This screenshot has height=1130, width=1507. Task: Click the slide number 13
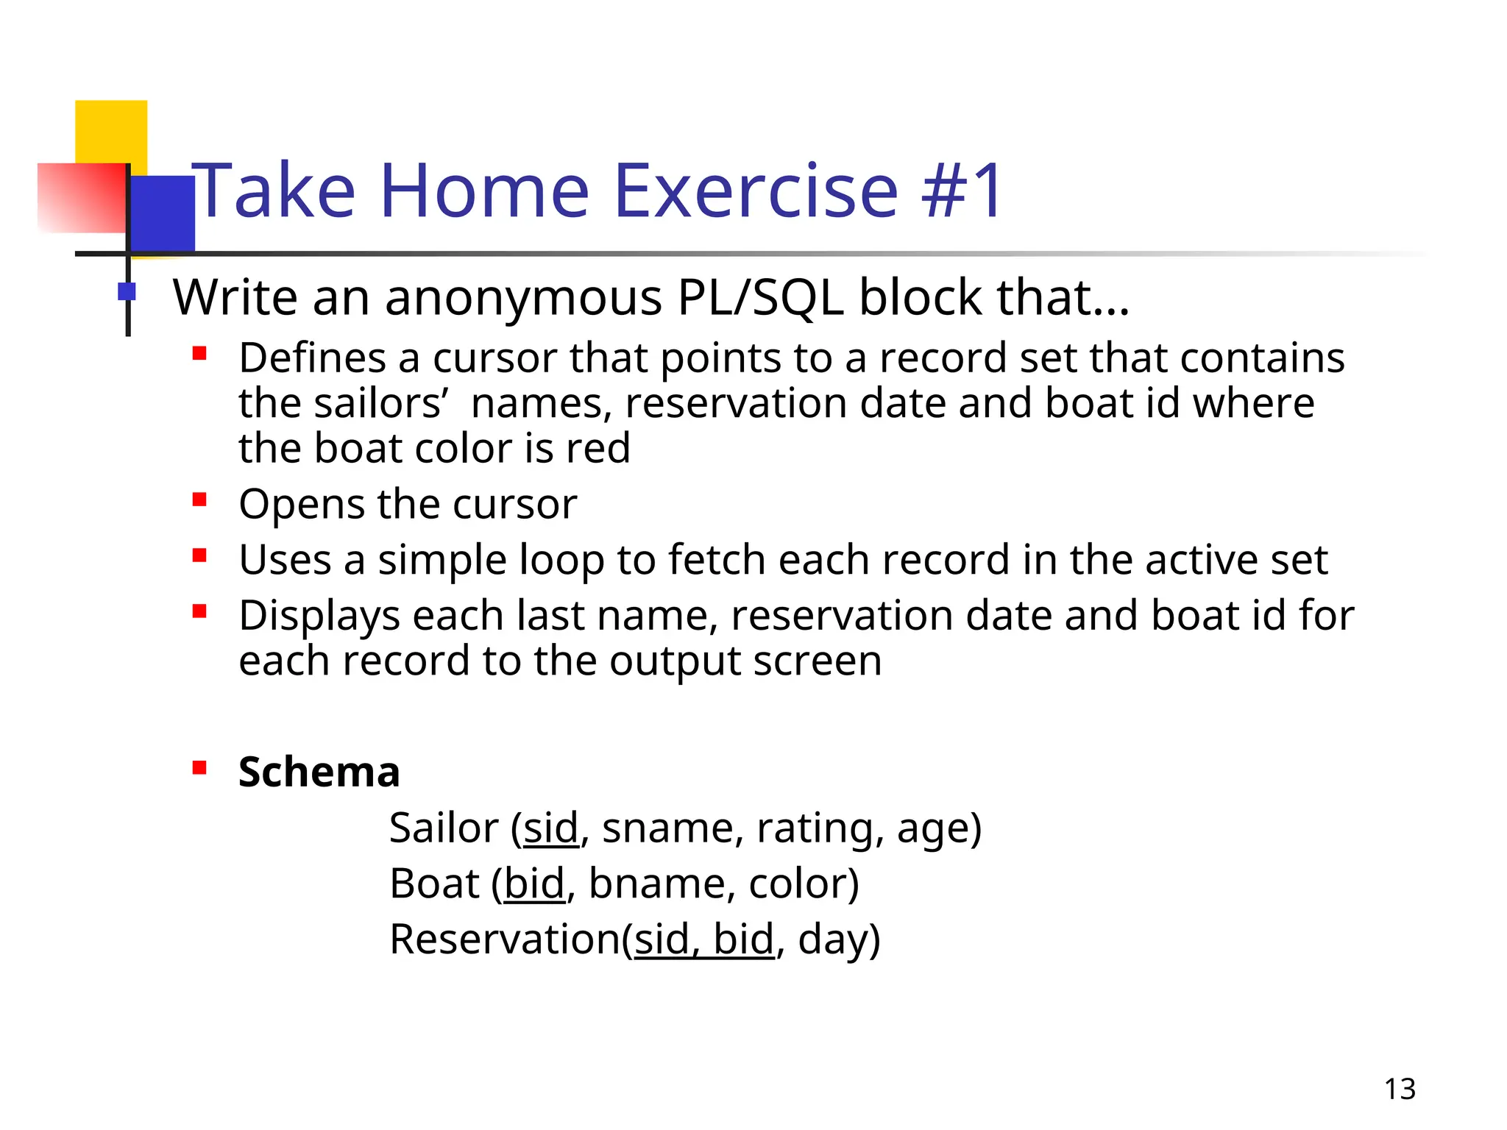[1400, 1089]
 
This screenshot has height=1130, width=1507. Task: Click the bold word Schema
[319, 772]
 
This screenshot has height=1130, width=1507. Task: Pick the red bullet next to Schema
[199, 768]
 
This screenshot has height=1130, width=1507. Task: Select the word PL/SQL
[759, 297]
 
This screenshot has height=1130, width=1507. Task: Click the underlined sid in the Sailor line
[551, 828]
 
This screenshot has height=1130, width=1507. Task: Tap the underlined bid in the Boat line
[534, 884]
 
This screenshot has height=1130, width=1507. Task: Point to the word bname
[651, 884]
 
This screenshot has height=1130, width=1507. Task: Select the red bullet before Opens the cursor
[199, 500]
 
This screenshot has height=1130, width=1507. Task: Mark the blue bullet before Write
[127, 291]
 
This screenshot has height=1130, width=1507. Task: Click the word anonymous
[523, 299]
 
